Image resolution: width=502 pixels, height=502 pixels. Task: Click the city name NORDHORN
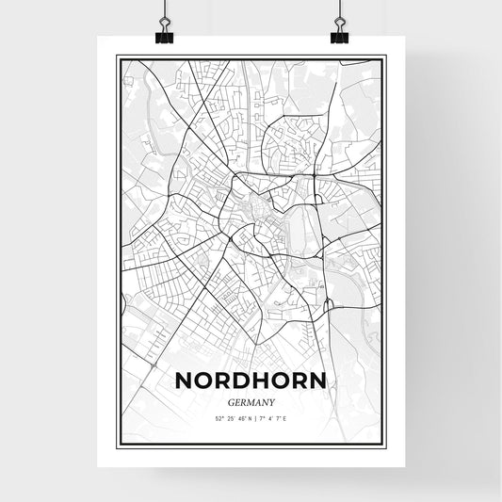pyautogui.click(x=251, y=381)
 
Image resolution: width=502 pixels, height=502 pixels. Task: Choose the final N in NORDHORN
pyautogui.click(x=319, y=381)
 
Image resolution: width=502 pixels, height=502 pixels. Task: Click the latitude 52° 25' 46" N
pyautogui.click(x=230, y=417)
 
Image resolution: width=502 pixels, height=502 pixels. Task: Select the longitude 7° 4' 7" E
pyautogui.click(x=273, y=417)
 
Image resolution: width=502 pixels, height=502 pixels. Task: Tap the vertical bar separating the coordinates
pyautogui.click(x=253, y=417)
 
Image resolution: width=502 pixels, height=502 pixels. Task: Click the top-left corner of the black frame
pyautogui.click(x=117, y=57)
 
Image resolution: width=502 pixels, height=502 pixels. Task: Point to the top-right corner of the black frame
pyautogui.click(x=385, y=57)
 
